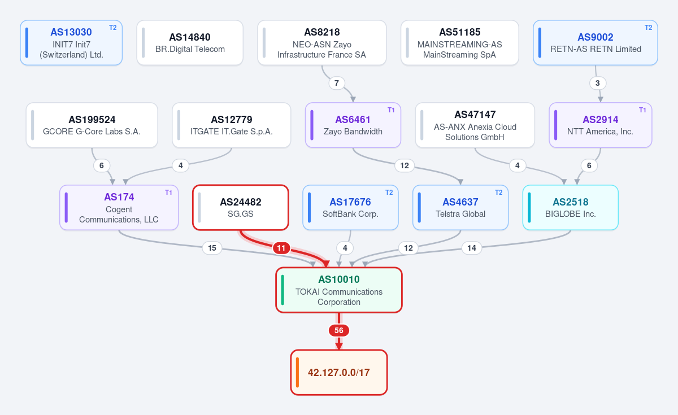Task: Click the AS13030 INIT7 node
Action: click(71, 43)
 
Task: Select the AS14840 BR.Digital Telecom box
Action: click(190, 43)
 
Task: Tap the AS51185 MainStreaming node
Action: click(459, 43)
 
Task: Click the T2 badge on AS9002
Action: click(649, 28)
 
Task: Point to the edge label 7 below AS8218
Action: click(337, 83)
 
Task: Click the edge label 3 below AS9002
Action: click(598, 83)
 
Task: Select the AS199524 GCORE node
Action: click(92, 125)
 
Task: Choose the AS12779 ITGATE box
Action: click(232, 125)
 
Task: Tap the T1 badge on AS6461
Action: click(391, 110)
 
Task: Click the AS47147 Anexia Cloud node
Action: click(475, 125)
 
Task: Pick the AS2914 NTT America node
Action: click(601, 125)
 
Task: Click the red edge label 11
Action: click(281, 248)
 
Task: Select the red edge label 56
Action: click(338, 330)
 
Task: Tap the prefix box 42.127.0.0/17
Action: click(339, 372)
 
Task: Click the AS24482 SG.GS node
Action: click(241, 208)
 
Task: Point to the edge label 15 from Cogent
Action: click(212, 248)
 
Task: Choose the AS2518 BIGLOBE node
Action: click(571, 208)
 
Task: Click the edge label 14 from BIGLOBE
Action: click(472, 248)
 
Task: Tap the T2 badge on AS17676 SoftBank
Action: click(389, 193)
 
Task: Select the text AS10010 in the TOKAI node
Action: click(339, 279)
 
